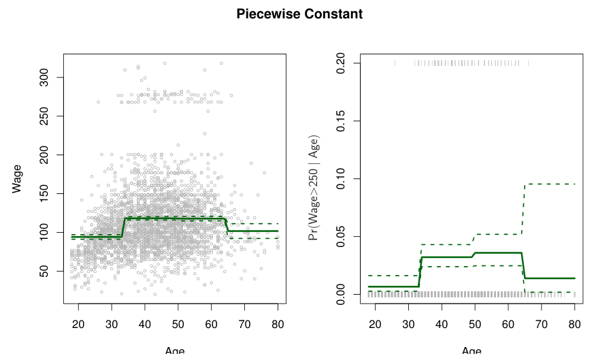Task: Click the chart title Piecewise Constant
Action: click(299, 14)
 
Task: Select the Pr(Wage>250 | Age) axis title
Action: click(314, 178)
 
